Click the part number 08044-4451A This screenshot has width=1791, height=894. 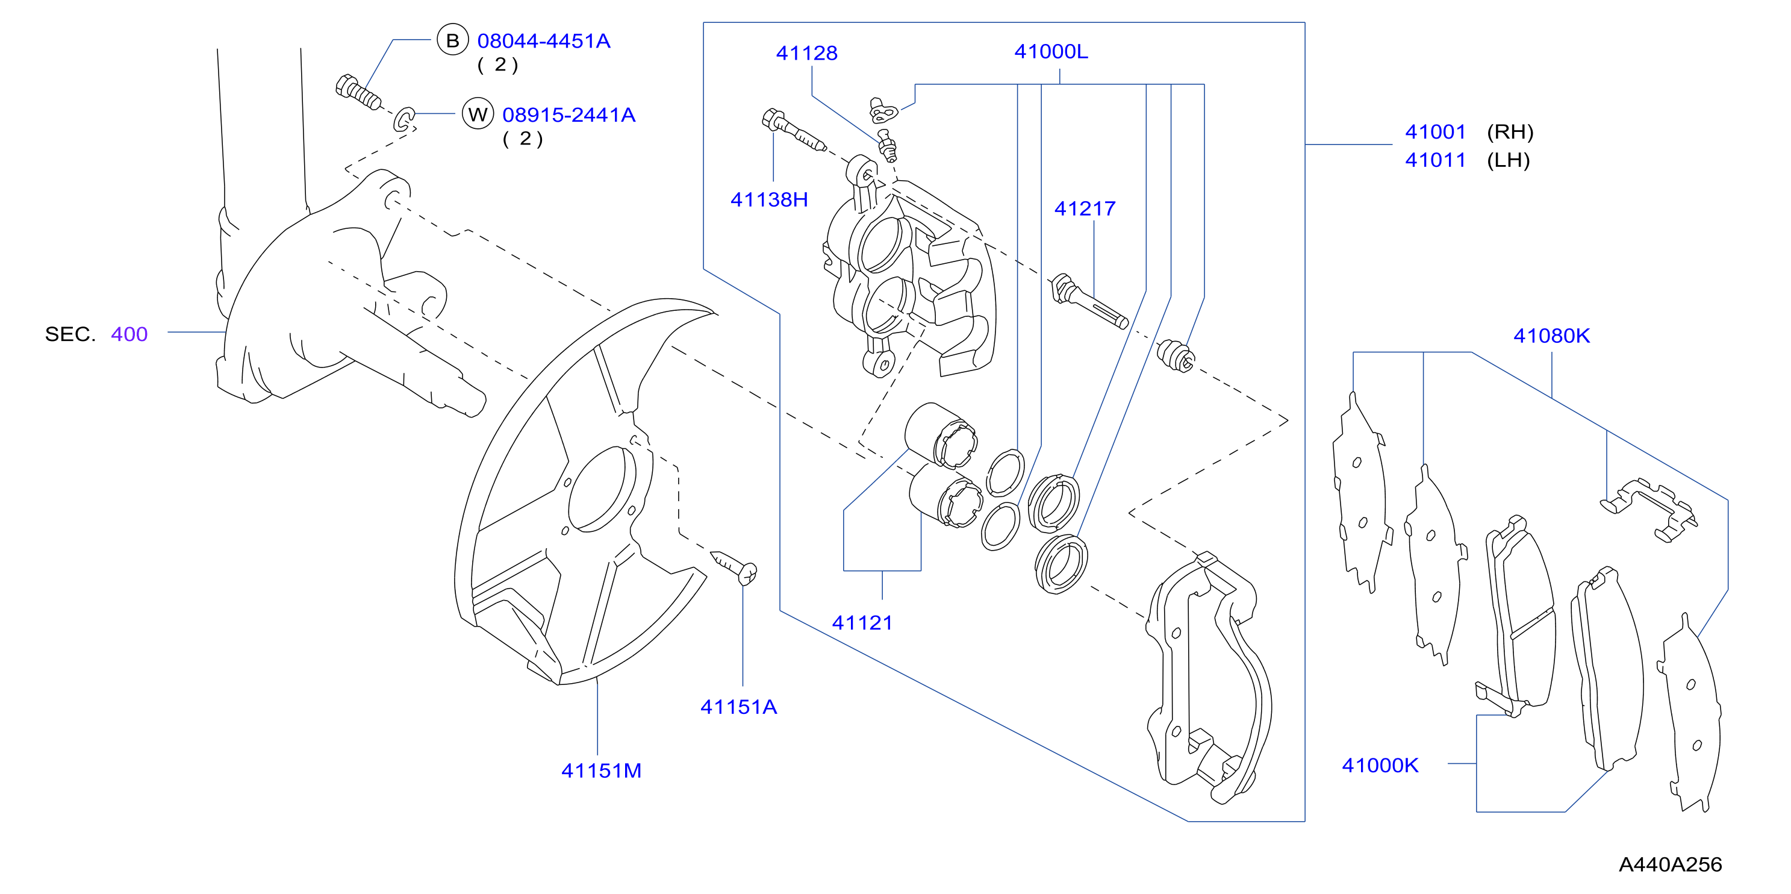544,41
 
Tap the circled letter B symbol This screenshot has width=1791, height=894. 453,40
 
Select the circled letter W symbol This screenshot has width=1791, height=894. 478,114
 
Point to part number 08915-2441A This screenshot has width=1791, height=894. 568,115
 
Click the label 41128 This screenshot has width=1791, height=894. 806,53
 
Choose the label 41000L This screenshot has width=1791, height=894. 1051,51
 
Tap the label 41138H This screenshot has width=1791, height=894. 769,199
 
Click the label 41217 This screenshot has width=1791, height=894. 1085,208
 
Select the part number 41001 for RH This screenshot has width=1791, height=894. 1435,131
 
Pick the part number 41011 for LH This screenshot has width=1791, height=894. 1435,160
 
